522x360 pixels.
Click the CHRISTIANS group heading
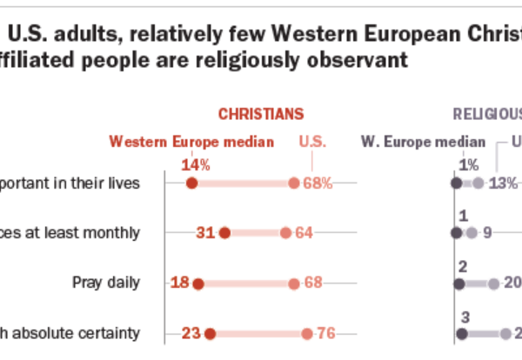click(260, 114)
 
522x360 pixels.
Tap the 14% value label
click(191, 164)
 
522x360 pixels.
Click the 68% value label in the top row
click(318, 183)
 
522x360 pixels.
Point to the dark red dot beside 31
click(224, 233)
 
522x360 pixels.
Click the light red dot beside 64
click(285, 233)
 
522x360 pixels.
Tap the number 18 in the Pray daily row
click(180, 283)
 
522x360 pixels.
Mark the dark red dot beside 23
click(210, 332)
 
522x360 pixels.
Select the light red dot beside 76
click(307, 332)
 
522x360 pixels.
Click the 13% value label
click(503, 183)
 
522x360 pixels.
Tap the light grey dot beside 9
click(472, 233)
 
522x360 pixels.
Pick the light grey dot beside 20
click(493, 283)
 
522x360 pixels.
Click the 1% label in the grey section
click(469, 164)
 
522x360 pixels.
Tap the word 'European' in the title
click(365, 33)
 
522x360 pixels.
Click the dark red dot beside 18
click(197, 283)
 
